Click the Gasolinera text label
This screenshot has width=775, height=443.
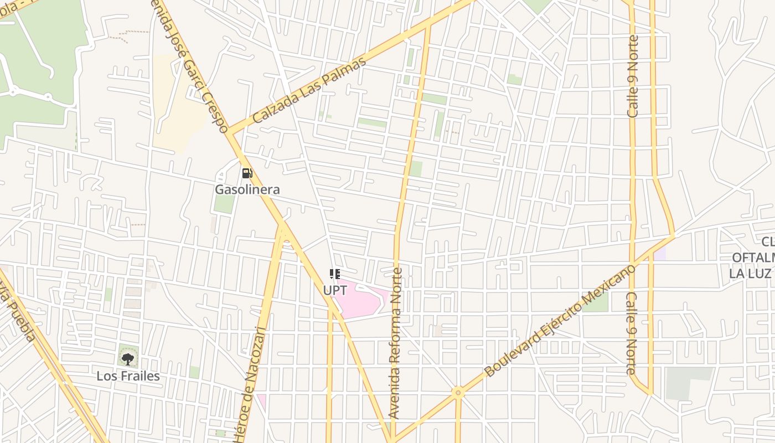click(247, 189)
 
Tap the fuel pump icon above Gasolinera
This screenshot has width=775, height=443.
click(247, 173)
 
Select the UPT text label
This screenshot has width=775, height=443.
click(335, 290)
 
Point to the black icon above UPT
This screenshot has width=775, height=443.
click(334, 274)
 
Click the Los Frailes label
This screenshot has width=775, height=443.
click(128, 376)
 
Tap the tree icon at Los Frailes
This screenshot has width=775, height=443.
click(128, 359)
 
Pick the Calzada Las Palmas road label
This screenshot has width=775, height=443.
click(309, 90)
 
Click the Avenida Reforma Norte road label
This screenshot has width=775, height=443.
click(395, 343)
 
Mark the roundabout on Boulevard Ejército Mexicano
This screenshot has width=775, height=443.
click(457, 393)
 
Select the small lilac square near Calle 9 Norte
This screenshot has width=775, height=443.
click(659, 254)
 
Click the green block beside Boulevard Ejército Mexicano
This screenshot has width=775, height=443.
click(596, 302)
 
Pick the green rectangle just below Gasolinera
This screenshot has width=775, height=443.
click(224, 203)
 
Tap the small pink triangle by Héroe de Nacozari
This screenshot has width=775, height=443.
click(261, 400)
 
